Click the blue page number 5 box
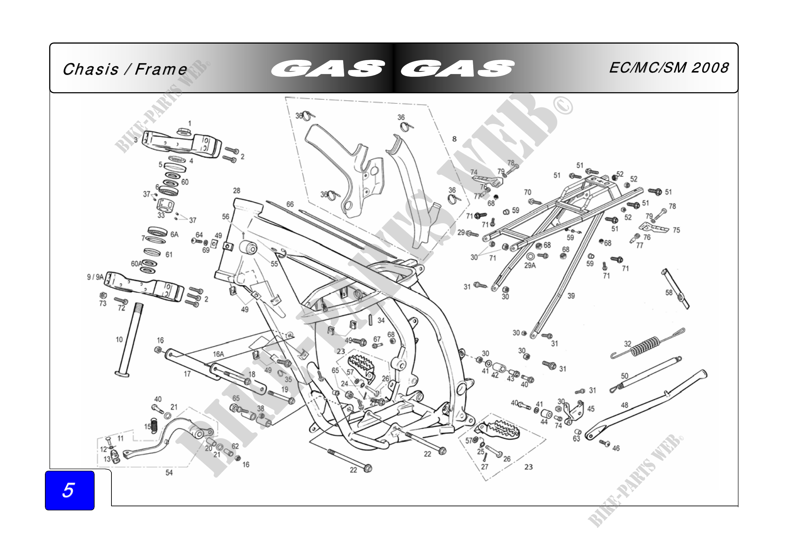point(70,490)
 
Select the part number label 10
point(119,340)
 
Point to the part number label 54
point(169,472)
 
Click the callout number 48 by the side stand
point(625,405)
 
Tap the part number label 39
point(571,296)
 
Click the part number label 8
point(454,139)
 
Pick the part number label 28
point(237,190)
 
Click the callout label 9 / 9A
point(95,277)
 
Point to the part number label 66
point(290,204)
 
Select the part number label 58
point(669,293)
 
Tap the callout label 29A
point(530,265)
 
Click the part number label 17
point(187,374)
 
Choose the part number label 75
point(677,230)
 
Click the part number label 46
point(616,448)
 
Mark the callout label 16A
point(219,354)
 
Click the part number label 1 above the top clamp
point(189,123)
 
